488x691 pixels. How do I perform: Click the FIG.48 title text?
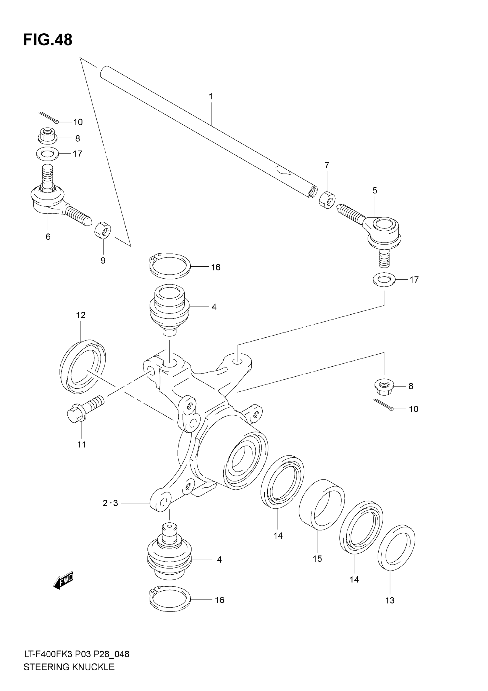(48, 40)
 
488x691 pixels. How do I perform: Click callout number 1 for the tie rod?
(210, 96)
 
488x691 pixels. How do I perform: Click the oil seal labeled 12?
(82, 367)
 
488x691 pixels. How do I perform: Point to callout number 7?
(327, 165)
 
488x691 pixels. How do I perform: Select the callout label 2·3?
(110, 503)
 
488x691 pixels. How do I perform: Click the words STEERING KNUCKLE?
(69, 676)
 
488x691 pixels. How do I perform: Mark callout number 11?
(82, 444)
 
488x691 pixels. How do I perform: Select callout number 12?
(81, 315)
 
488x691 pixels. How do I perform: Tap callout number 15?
(317, 559)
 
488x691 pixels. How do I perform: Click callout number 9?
(103, 261)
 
